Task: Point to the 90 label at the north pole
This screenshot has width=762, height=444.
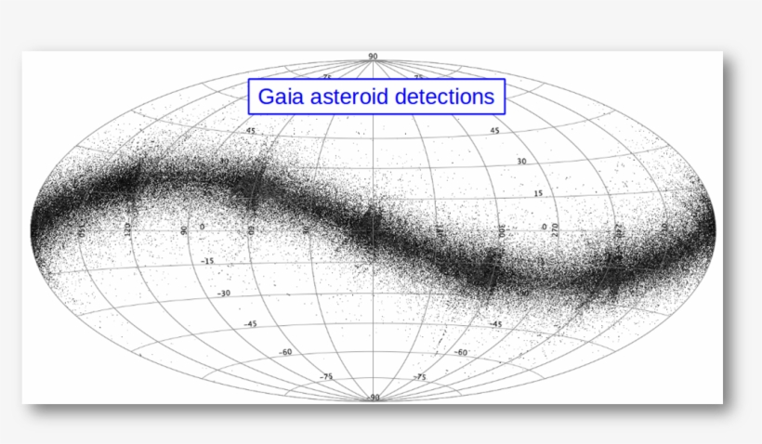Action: coord(373,57)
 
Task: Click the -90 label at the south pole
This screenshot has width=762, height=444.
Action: coord(373,398)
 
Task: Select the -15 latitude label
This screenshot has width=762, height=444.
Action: coord(207,261)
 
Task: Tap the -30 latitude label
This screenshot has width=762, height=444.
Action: coord(223,293)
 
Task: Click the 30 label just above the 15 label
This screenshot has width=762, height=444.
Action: coord(521,162)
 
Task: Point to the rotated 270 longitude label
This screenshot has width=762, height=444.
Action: coord(555,229)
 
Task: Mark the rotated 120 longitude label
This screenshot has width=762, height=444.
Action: coord(127,229)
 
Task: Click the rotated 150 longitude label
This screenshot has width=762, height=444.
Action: coord(82,229)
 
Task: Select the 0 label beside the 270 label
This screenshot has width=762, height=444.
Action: coord(544,227)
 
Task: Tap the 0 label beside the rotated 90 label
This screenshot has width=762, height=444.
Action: coord(204,228)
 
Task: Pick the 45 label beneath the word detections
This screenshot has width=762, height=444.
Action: coord(494,131)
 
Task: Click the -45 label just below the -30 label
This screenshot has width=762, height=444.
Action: coord(250,324)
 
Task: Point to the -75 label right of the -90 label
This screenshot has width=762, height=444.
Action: coord(419,377)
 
